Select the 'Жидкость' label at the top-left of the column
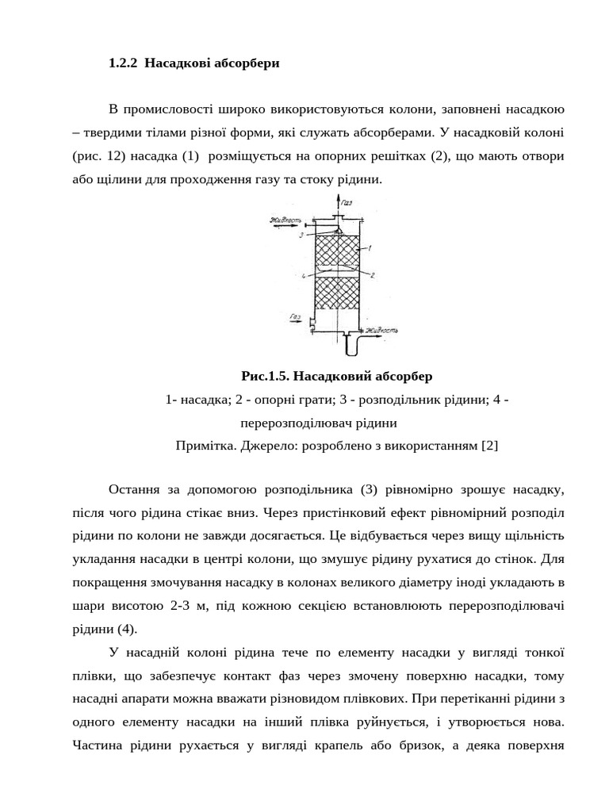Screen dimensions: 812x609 (285, 220)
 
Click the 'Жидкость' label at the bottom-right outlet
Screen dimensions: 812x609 (381, 328)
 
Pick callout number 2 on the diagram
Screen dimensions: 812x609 (371, 274)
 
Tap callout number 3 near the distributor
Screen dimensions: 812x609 (301, 236)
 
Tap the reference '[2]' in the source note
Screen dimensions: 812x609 (489, 445)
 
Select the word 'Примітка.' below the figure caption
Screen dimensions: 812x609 (202, 445)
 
